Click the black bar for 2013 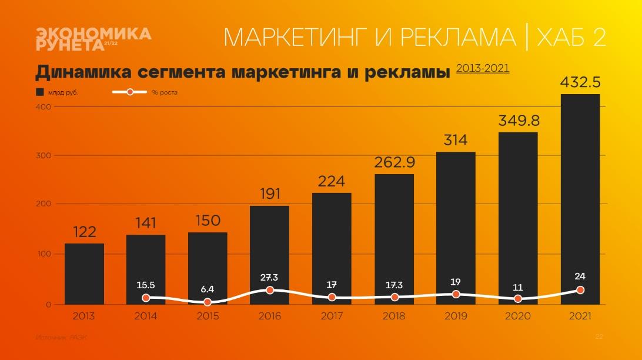(x=84, y=274)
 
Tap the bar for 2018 (x=394, y=239)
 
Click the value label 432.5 (x=580, y=82)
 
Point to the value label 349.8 (x=519, y=121)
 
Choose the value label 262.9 (x=394, y=162)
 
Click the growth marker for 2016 (x=270, y=290)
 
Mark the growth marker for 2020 (x=518, y=299)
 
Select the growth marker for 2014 (x=146, y=298)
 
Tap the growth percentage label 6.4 (x=208, y=289)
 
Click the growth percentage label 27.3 (x=270, y=277)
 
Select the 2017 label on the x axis (x=332, y=316)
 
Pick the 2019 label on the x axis (x=456, y=316)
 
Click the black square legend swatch (x=40, y=92)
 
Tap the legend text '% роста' (x=165, y=92)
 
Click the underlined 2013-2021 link (x=483, y=68)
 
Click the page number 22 (x=599, y=336)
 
